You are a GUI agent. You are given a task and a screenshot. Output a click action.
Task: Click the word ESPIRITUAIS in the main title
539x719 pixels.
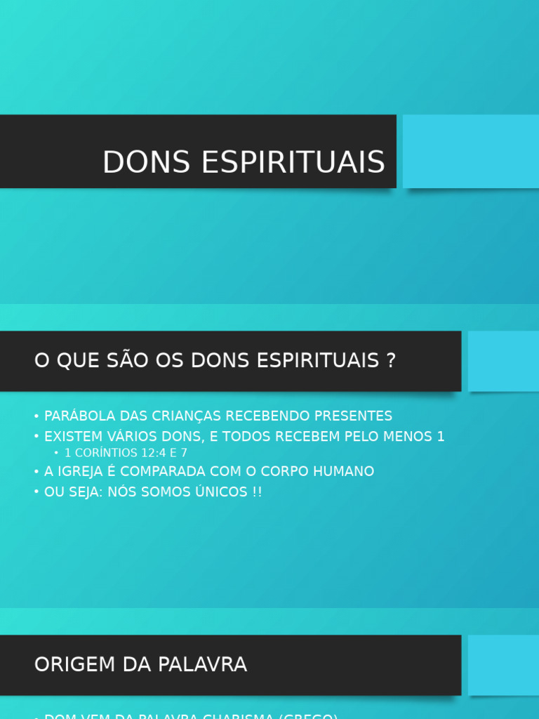(x=293, y=163)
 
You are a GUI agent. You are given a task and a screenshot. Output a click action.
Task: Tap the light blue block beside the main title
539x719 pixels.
(x=470, y=152)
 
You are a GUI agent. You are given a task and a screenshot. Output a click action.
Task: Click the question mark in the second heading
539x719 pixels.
(x=391, y=361)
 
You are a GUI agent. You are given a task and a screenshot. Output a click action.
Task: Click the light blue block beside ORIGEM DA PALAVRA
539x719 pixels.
(x=503, y=665)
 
